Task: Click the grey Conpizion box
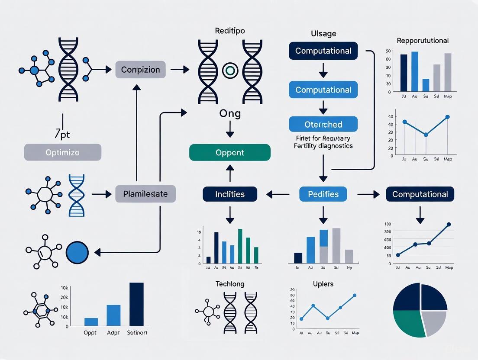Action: click(140, 70)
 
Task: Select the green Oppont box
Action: click(229, 153)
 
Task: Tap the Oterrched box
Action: click(323, 124)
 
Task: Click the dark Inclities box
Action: click(229, 194)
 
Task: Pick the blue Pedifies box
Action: click(323, 194)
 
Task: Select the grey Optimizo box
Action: click(63, 153)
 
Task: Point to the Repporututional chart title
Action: click(422, 41)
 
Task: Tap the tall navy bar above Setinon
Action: click(136, 304)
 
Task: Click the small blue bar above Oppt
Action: click(91, 321)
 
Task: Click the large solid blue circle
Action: click(77, 251)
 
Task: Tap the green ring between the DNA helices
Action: click(229, 70)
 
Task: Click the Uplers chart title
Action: click(323, 284)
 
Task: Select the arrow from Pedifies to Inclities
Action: click(278, 195)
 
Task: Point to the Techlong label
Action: click(229, 284)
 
